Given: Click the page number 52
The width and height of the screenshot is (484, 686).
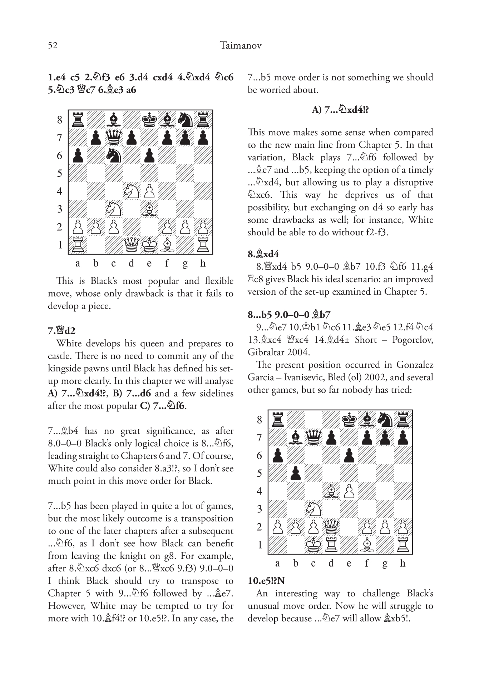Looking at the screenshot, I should pyautogui.click(x=53, y=46).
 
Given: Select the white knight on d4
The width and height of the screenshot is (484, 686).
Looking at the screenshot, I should pyautogui.click(x=132, y=191).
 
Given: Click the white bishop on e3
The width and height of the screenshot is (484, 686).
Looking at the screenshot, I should pyautogui.click(x=149, y=209).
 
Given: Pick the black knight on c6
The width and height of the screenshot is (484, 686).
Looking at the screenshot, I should pyautogui.click(x=114, y=155).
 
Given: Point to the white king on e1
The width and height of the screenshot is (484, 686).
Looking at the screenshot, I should pyautogui.click(x=149, y=245).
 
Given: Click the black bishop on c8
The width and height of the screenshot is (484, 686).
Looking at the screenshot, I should pyautogui.click(x=114, y=120).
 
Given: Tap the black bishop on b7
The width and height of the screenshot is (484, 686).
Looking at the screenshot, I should pyautogui.click(x=296, y=437).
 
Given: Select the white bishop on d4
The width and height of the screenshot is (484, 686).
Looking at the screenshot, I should pyautogui.click(x=331, y=491).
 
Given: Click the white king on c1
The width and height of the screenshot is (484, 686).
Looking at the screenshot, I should pyautogui.click(x=313, y=545).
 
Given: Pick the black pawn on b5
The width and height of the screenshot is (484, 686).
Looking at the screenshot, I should pyautogui.click(x=296, y=473).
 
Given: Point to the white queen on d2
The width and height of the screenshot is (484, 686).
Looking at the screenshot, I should pyautogui.click(x=331, y=527).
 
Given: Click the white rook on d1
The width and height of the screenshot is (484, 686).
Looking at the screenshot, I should pyautogui.click(x=331, y=545).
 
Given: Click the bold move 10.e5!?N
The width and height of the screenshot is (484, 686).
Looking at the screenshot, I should pyautogui.click(x=266, y=581).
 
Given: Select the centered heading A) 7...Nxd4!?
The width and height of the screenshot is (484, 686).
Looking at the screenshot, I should pyautogui.click(x=340, y=110).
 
